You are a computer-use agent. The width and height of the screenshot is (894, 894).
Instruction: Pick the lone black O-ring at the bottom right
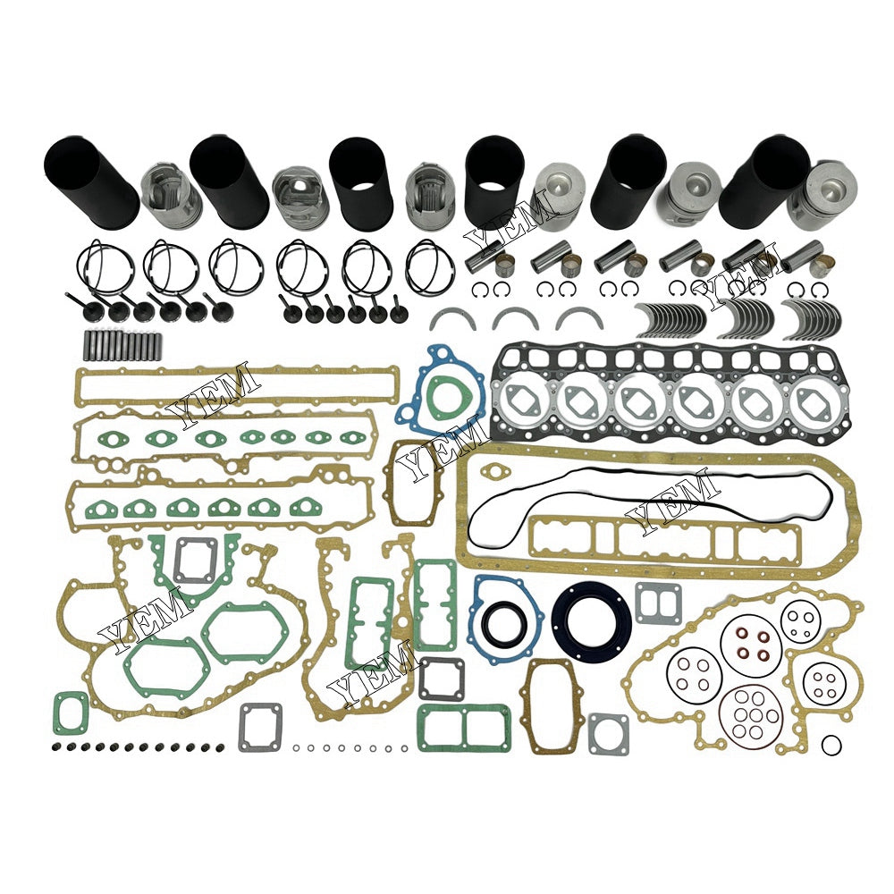click(x=831, y=744)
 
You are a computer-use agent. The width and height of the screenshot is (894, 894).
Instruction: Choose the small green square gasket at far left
click(x=71, y=713)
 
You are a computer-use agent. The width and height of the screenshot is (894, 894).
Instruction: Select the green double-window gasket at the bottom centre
click(x=464, y=726)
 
